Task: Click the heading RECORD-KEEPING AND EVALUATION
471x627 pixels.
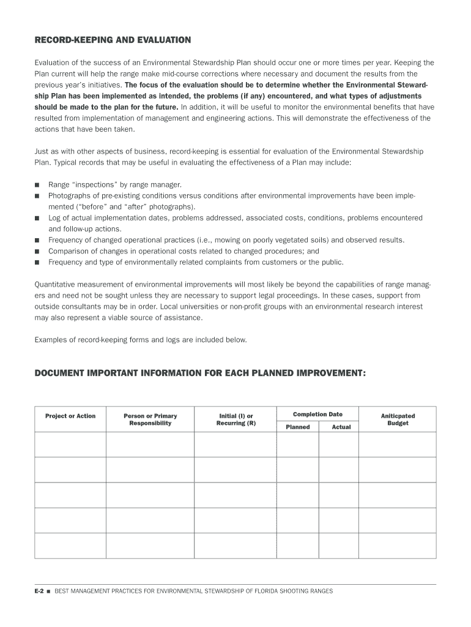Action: tap(113, 40)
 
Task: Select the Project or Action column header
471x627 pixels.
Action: tap(70, 416)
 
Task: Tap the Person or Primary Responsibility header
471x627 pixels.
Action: tap(150, 419)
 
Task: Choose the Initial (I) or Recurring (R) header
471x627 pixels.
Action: tap(236, 419)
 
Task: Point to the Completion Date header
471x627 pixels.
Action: tap(317, 415)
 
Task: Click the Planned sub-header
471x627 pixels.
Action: tap(298, 427)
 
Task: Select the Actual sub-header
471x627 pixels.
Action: tap(341, 427)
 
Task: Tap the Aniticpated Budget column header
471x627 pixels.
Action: tap(398, 419)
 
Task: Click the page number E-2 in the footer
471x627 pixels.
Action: tap(40, 591)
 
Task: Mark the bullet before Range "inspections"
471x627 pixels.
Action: tap(37, 184)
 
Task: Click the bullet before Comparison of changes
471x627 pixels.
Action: tap(37, 251)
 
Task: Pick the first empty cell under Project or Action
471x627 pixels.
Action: tap(70, 445)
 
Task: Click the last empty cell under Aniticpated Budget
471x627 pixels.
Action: tap(398, 546)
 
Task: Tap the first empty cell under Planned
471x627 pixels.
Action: tap(298, 445)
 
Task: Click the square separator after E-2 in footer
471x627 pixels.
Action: tap(49, 591)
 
